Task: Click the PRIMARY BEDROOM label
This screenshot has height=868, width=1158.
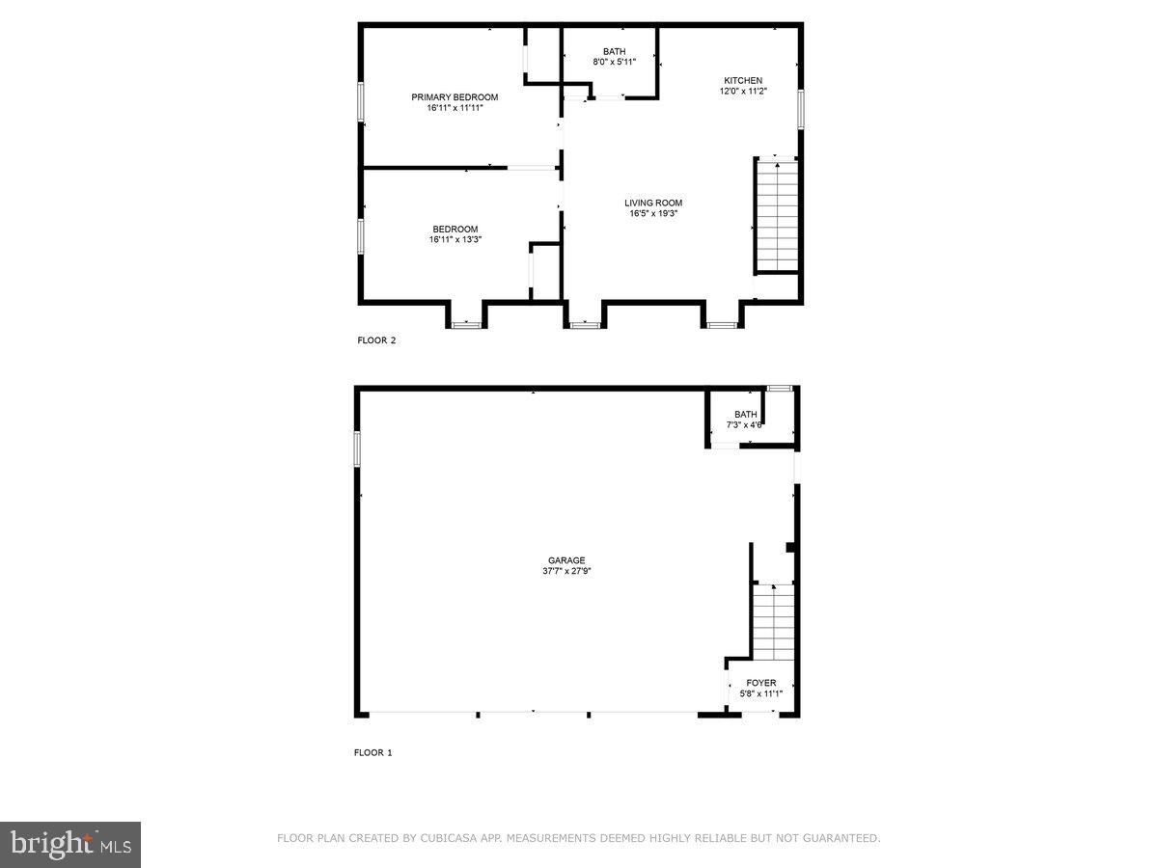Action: [455, 97]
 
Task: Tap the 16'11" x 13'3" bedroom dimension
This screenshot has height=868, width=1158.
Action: [455, 239]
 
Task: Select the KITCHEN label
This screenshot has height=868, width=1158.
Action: [743, 80]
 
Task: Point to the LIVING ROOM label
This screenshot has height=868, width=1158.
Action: [653, 203]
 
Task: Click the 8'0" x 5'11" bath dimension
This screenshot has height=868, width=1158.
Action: [614, 63]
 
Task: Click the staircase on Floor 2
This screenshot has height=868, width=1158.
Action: [777, 216]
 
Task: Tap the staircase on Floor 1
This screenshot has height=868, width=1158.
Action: [773, 622]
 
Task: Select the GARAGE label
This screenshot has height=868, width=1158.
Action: [566, 560]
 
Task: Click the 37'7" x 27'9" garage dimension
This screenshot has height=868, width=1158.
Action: [566, 571]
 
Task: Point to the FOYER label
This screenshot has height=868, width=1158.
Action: [760, 683]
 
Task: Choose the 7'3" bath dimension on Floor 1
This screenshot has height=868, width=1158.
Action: [744, 424]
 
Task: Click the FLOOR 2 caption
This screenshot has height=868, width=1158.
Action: [376, 340]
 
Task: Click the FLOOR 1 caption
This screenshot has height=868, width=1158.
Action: [373, 752]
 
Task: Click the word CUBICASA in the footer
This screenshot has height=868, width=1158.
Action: [447, 839]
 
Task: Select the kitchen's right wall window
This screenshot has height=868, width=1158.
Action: [800, 108]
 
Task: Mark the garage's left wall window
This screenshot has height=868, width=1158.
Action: [357, 448]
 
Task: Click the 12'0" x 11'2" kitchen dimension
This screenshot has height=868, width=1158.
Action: [743, 91]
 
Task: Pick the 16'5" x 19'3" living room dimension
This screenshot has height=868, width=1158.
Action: [653, 213]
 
